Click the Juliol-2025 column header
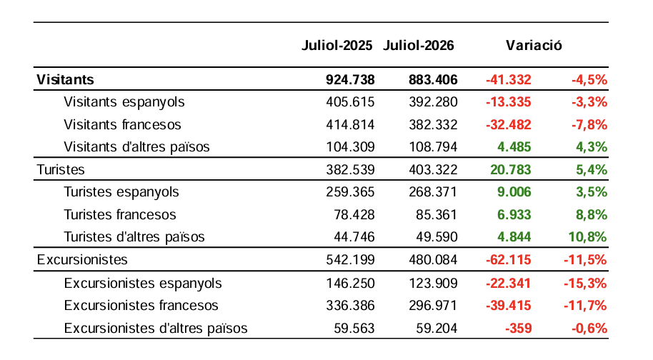click(337, 46)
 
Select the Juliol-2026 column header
click(419, 46)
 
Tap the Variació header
click(534, 46)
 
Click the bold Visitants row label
click(66, 79)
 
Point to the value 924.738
click(350, 79)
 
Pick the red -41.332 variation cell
click(509, 79)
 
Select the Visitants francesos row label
click(122, 124)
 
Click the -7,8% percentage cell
click(589, 124)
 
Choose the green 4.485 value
click(514, 147)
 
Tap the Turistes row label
click(61, 169)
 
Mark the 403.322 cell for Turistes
click(433, 169)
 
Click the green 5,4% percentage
click(592, 169)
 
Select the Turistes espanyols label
click(121, 192)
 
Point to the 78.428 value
click(354, 214)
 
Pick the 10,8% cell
click(588, 237)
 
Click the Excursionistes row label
click(82, 260)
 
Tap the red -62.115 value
click(509, 260)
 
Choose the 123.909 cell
click(433, 284)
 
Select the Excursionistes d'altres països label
click(156, 329)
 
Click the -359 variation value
click(519, 329)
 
